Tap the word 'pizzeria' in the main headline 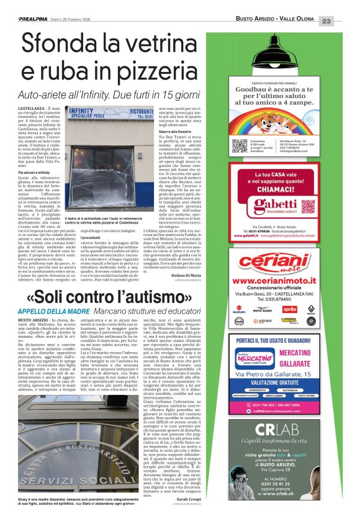156,71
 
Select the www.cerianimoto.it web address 272,280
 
